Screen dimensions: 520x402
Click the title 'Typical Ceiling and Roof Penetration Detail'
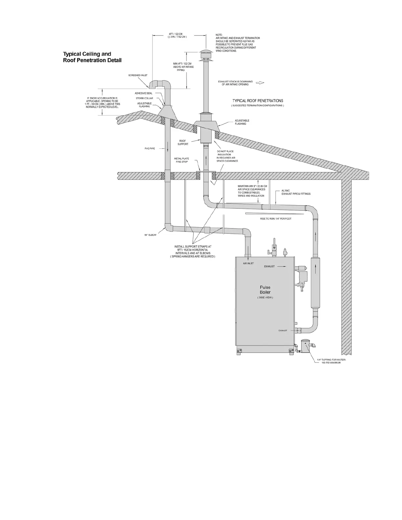click(92, 57)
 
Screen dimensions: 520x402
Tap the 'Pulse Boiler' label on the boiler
click(265, 290)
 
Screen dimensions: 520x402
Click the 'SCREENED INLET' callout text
click(138, 75)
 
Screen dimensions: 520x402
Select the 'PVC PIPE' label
click(150, 148)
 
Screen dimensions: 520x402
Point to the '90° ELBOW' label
click(150, 235)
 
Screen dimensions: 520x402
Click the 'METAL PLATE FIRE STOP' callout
click(182, 160)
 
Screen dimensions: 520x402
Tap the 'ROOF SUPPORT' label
click(183, 142)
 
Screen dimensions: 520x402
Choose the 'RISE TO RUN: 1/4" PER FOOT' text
click(276, 218)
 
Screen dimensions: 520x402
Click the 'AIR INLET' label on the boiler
click(248, 263)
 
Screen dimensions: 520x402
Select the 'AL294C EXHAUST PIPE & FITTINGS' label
click(296, 192)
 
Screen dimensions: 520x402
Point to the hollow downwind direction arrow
click(260, 83)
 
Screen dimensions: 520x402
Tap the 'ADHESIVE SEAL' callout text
click(144, 93)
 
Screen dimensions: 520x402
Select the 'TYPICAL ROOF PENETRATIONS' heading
click(257, 101)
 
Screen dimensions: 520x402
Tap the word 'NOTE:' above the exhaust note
click(219, 35)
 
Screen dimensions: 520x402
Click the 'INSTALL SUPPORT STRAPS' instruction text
click(193, 251)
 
